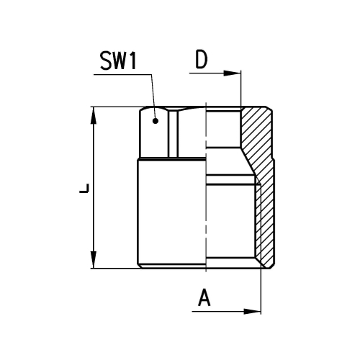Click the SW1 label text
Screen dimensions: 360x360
[x=118, y=60]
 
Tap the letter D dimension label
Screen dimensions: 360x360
[x=201, y=59]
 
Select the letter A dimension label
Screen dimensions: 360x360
[x=204, y=297]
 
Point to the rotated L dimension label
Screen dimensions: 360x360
[x=84, y=188]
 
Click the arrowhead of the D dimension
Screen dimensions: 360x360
[x=232, y=73]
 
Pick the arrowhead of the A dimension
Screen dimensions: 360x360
[x=252, y=312]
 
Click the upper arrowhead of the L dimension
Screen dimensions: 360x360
[x=94, y=115]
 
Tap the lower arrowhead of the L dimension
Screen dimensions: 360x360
[x=94, y=260]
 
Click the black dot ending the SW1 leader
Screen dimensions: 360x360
[x=156, y=121]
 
